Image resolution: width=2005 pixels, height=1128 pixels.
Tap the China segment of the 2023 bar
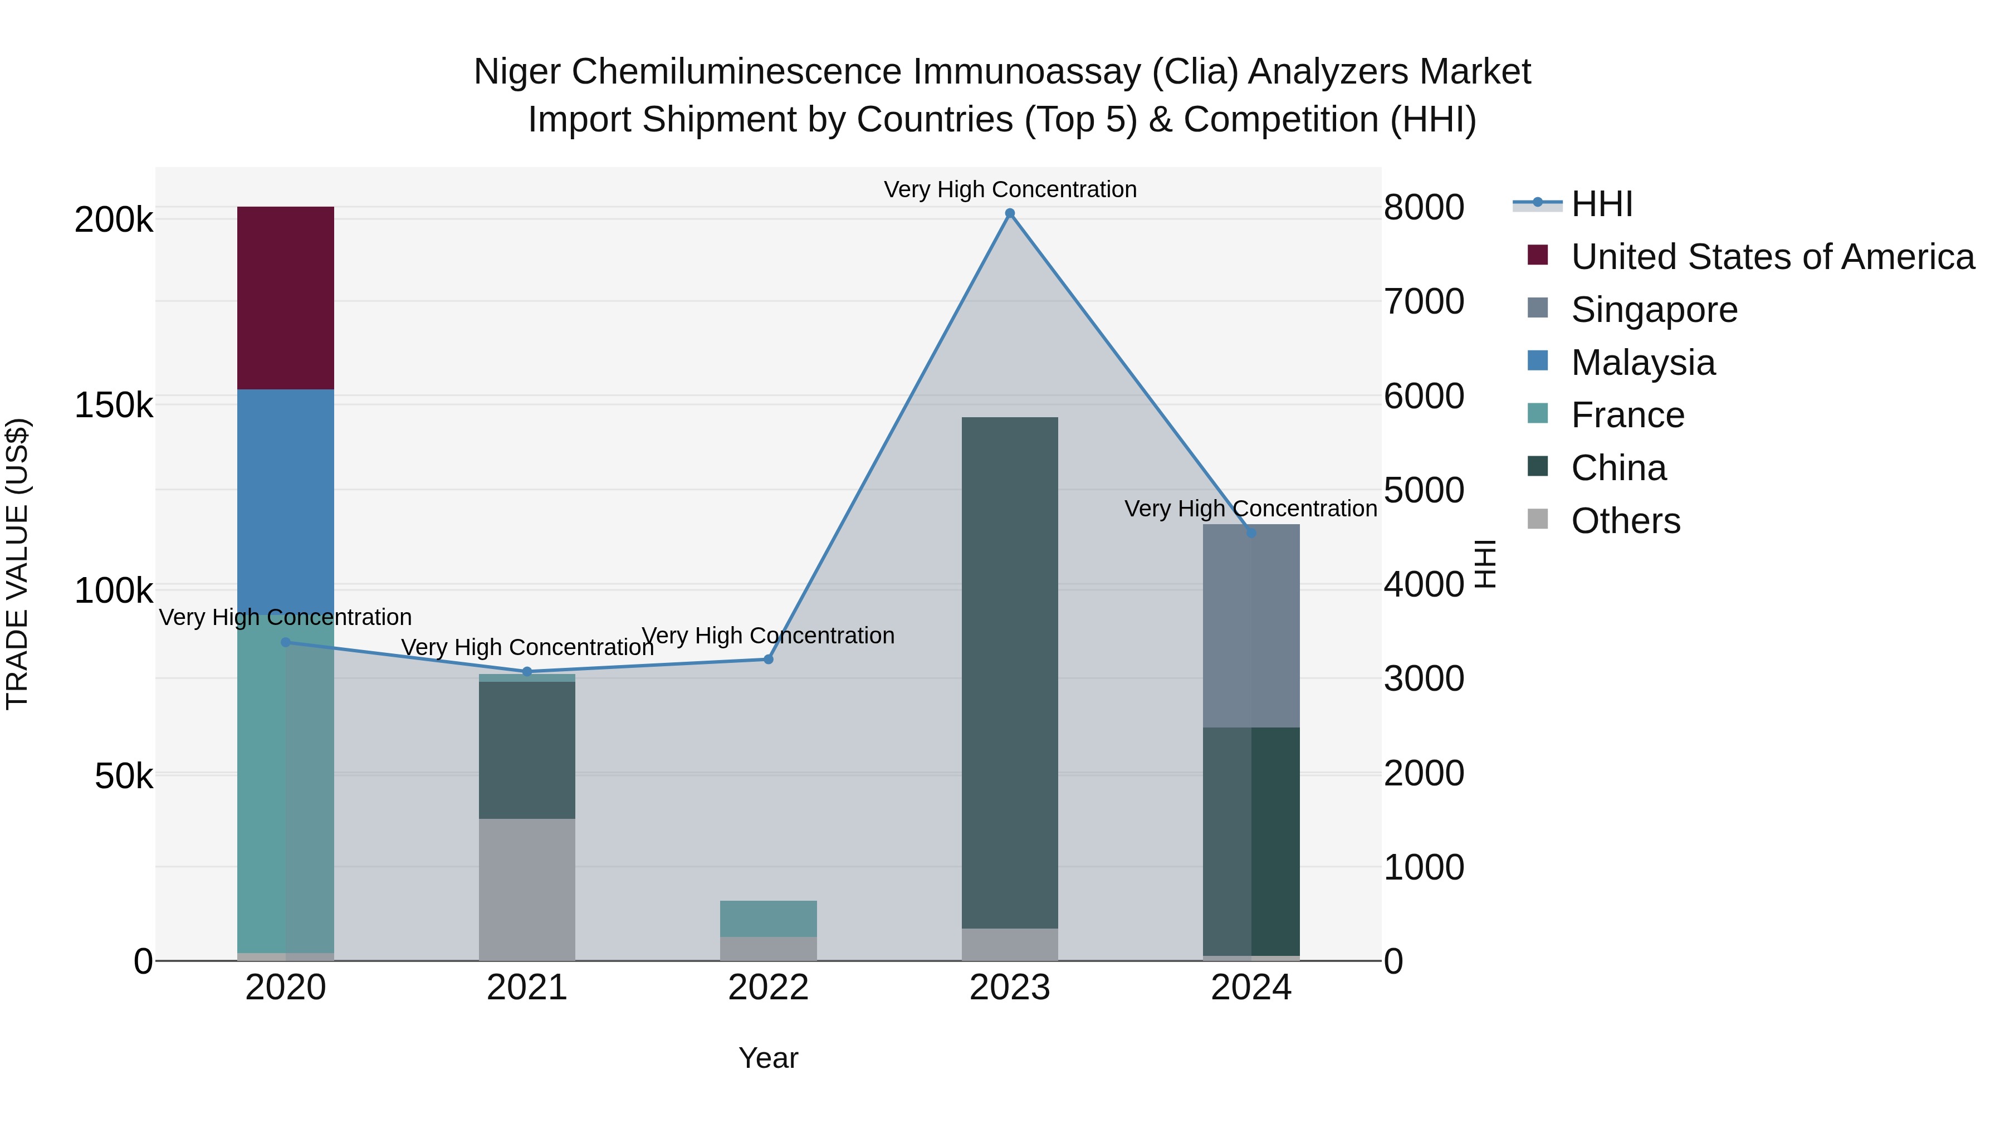pyautogui.click(x=1010, y=672)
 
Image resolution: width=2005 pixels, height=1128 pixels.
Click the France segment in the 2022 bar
pyautogui.click(x=768, y=919)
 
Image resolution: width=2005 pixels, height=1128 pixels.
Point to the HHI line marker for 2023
pyautogui.click(x=1010, y=213)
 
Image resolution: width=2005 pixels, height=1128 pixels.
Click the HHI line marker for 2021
pyautogui.click(x=527, y=672)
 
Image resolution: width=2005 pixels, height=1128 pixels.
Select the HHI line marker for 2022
pyautogui.click(x=768, y=660)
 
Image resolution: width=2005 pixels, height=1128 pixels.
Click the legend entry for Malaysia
pyautogui.click(x=1642, y=363)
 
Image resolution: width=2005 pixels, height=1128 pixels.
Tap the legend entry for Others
pyautogui.click(x=1625, y=521)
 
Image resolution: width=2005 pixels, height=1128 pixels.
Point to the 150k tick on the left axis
pyautogui.click(x=114, y=406)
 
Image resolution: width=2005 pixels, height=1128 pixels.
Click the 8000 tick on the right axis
pyautogui.click(x=1424, y=207)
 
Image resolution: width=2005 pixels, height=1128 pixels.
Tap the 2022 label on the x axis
pyautogui.click(x=768, y=988)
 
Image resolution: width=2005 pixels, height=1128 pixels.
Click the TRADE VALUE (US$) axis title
pyautogui.click(x=17, y=564)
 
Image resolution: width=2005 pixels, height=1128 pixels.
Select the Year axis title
pyautogui.click(x=768, y=1058)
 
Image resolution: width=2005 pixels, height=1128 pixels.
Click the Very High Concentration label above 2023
pyautogui.click(x=1010, y=189)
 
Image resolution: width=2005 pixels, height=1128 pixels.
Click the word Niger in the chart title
pyautogui.click(x=517, y=72)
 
